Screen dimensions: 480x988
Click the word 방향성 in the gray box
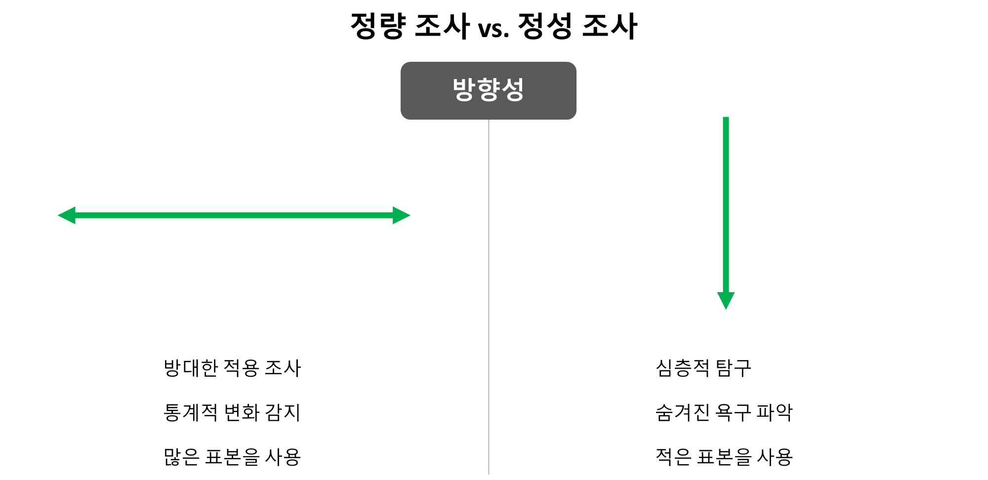click(488, 90)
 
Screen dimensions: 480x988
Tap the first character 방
click(464, 90)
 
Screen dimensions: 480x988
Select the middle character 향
click(488, 90)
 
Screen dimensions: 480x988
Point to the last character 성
click(512, 90)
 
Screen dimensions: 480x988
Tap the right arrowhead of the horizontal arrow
click(401, 216)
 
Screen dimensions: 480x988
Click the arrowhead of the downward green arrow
click(726, 300)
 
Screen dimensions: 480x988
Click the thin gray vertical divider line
click(489, 297)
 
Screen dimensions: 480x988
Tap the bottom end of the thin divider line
click(489, 473)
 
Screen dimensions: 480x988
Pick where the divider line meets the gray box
click(489, 120)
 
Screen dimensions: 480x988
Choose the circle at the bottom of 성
click(514, 96)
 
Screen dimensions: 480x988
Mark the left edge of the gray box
click(401, 90)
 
